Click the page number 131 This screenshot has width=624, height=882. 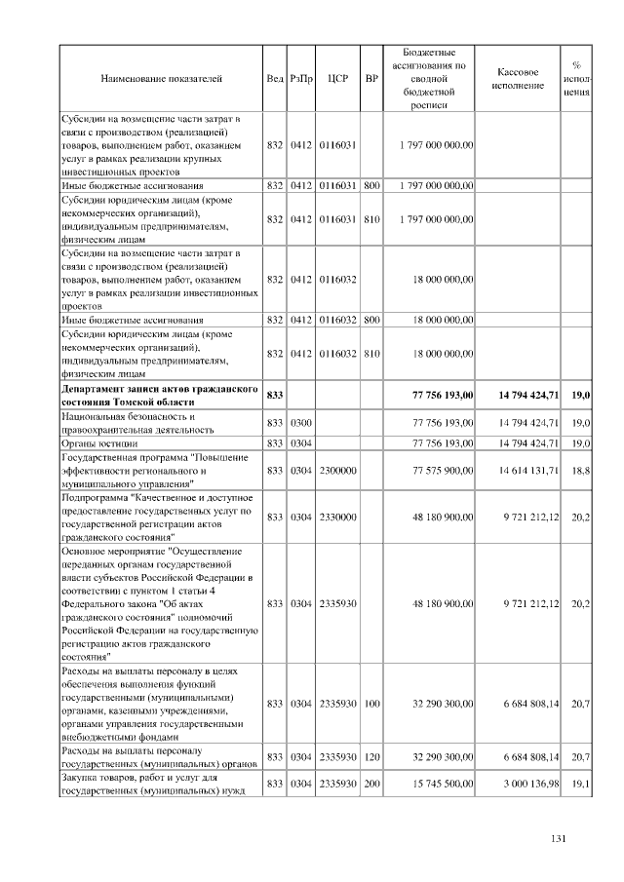pos(559,841)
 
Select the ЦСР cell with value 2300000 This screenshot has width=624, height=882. pos(338,470)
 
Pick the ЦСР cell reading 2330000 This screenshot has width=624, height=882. pos(338,517)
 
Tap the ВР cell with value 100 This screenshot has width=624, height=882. pos(371,704)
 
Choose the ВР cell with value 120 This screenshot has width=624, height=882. pos(371,757)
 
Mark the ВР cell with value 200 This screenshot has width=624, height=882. pos(371,785)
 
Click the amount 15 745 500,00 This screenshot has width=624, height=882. pos(436,785)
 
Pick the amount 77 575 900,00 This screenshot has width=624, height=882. pos(436,470)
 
